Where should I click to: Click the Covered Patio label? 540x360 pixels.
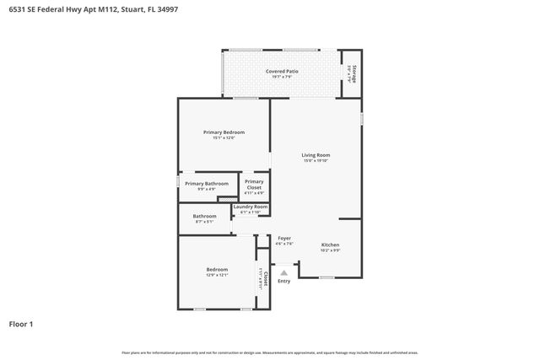(x=282, y=72)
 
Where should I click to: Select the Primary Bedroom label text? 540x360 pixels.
(x=224, y=132)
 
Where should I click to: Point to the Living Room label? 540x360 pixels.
(x=316, y=155)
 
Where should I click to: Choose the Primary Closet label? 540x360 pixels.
(x=254, y=184)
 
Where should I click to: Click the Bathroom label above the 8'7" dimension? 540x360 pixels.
(x=204, y=216)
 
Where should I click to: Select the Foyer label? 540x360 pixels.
(x=284, y=239)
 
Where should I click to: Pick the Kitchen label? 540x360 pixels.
(x=330, y=245)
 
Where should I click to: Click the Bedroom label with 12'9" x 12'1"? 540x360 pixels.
(x=217, y=270)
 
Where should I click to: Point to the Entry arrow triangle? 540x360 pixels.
(x=284, y=272)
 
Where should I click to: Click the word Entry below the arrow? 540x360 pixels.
(x=284, y=281)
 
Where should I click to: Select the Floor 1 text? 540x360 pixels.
(x=21, y=323)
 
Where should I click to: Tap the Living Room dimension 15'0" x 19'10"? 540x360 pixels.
(x=316, y=161)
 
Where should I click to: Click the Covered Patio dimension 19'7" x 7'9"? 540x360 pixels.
(x=282, y=78)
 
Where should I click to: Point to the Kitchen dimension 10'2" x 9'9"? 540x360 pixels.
(x=330, y=250)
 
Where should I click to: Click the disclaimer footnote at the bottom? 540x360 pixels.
(x=270, y=352)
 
